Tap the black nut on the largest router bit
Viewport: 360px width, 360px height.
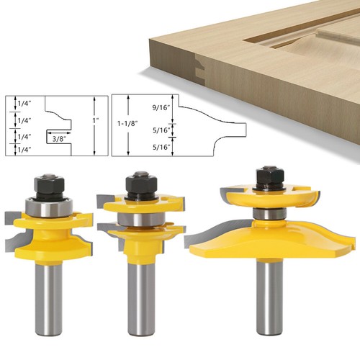[x=268, y=177]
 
